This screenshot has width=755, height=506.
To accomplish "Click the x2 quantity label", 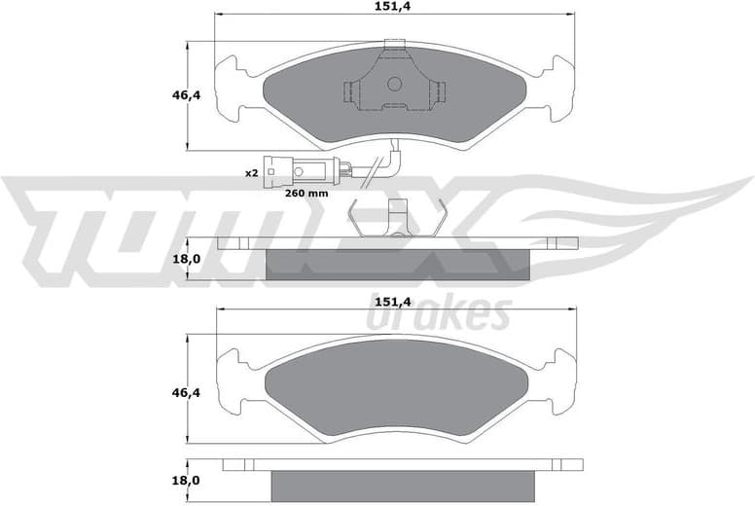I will [251, 172].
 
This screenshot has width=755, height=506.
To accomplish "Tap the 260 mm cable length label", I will [306, 193].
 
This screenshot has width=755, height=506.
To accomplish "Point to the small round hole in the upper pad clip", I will [394, 83].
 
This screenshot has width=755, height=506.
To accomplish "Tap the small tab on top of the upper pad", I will [394, 44].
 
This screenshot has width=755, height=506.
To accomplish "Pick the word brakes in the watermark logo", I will [439, 315].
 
